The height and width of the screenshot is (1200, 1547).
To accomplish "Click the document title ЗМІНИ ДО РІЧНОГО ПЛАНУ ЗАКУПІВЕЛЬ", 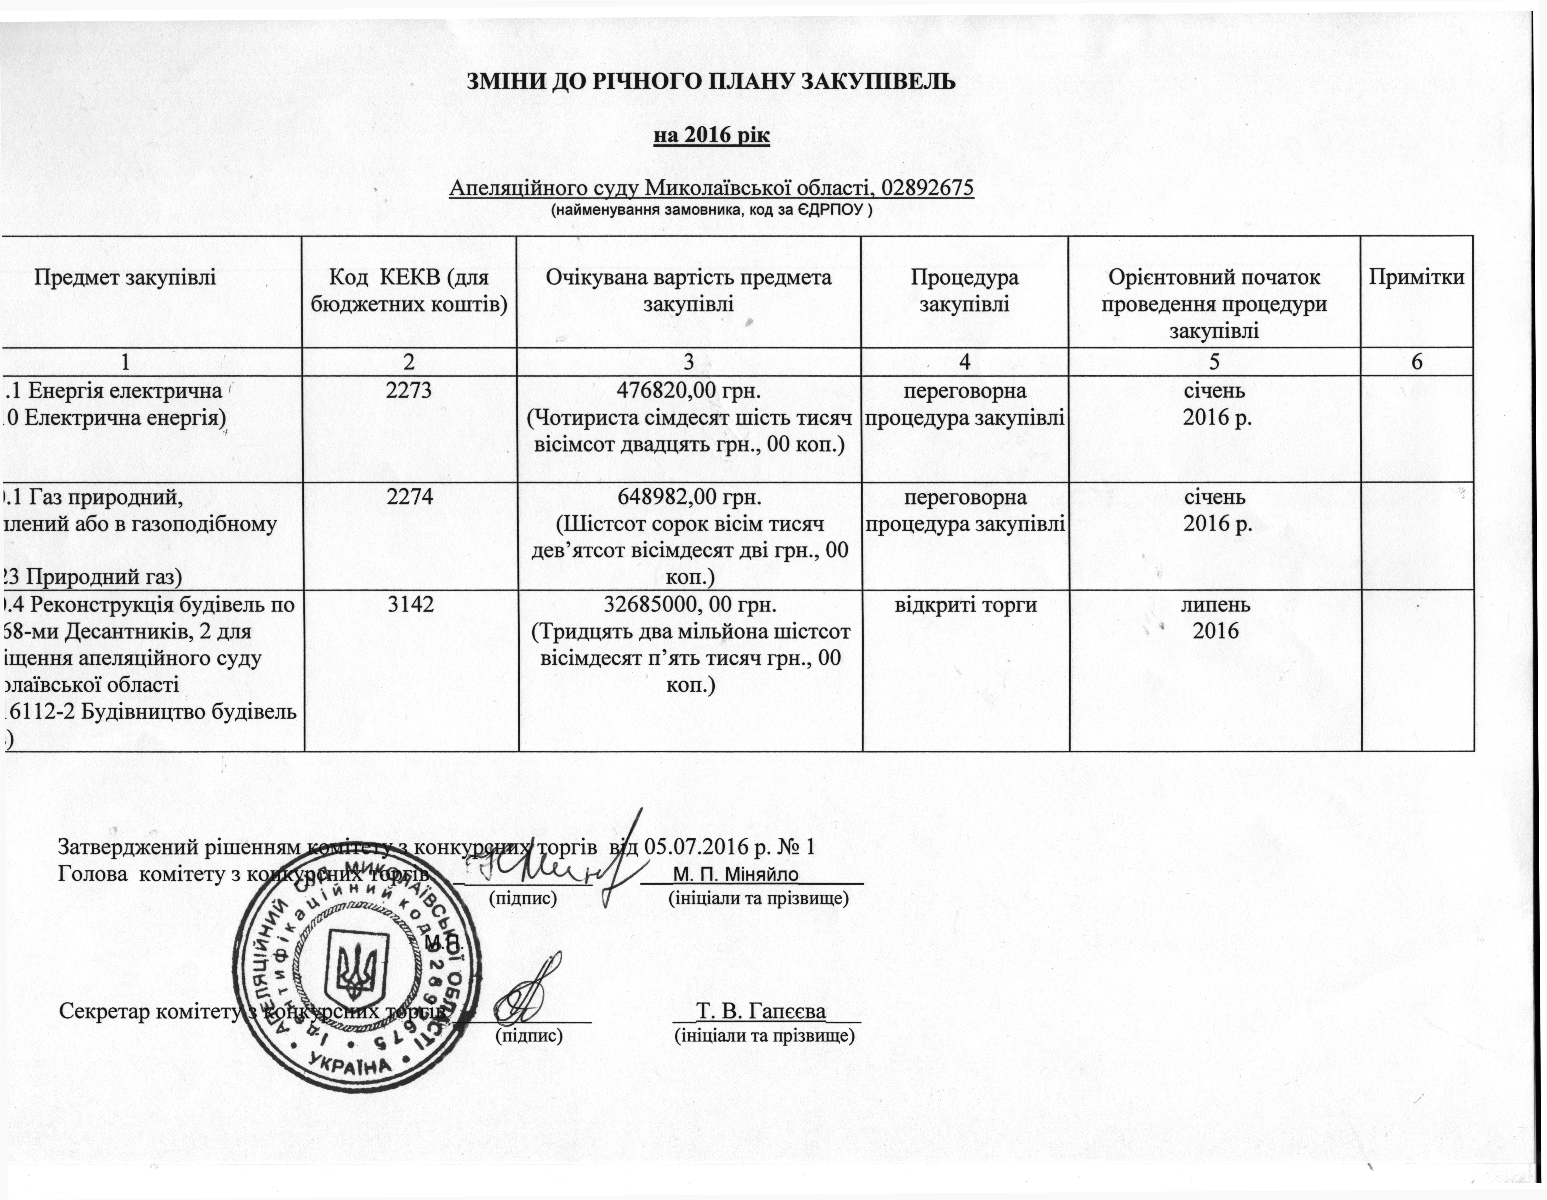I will tap(710, 82).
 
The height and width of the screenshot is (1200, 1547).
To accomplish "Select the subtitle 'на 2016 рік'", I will tap(710, 135).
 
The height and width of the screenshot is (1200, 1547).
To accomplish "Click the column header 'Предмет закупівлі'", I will tap(125, 277).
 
